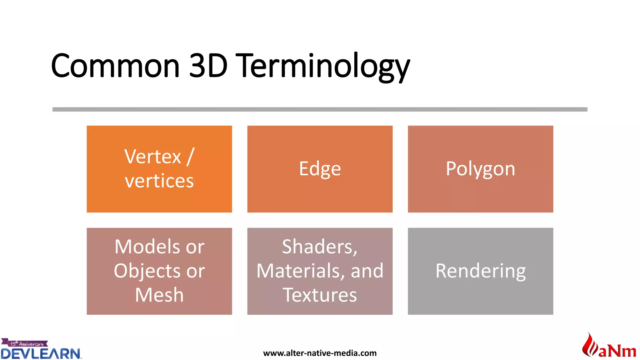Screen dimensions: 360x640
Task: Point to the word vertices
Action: coord(159,181)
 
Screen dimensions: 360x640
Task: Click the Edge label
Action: coord(320,169)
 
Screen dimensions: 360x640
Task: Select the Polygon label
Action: coord(480,169)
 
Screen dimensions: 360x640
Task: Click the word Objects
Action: coord(147,271)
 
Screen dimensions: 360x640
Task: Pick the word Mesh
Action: coord(159,295)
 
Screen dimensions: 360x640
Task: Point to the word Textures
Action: coord(320,295)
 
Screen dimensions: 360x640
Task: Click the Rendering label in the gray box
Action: coord(480,271)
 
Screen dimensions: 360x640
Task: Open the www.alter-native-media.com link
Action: coord(320,353)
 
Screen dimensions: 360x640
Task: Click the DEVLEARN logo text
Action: coord(41,353)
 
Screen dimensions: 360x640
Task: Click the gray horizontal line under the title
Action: coord(320,109)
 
